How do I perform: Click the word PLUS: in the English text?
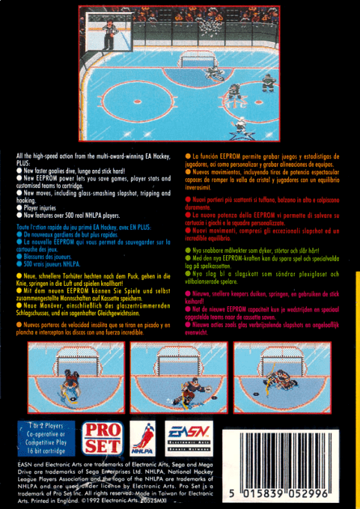point(24,161)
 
